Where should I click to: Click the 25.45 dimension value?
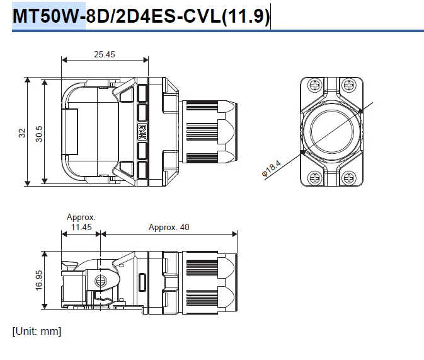point(105,54)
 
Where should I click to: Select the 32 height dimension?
point(22,133)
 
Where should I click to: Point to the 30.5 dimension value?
point(39,133)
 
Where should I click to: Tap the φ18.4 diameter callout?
point(270,168)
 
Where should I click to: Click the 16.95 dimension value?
point(39,279)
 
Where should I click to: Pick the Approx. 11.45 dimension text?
point(81,222)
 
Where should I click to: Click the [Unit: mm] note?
point(37,330)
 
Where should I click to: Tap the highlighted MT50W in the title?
point(49,16)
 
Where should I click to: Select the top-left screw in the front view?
point(314,86)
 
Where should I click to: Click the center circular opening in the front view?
point(331,132)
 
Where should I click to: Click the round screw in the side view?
point(99,281)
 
